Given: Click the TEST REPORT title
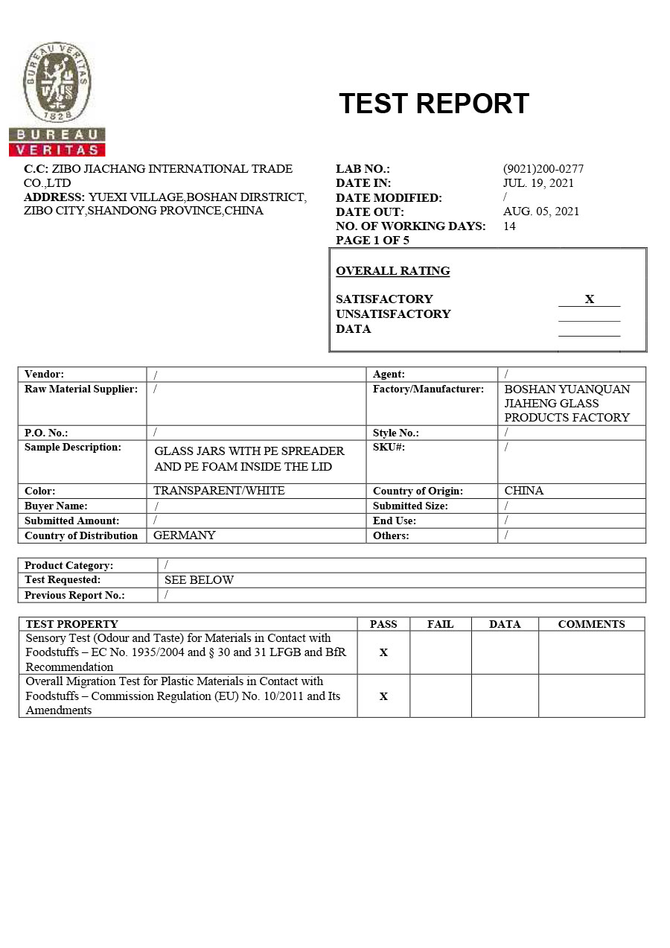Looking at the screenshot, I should [433, 104].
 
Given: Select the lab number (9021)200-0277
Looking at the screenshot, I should [543, 169].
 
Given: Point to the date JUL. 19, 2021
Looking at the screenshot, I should [538, 183].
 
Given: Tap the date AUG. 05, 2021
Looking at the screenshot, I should [541, 211].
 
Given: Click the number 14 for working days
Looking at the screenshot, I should [509, 226].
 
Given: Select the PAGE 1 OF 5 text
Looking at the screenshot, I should [372, 240].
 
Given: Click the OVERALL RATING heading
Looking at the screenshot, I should [392, 271].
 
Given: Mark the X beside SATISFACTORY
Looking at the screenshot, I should [589, 299].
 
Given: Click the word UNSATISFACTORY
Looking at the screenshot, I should [393, 314].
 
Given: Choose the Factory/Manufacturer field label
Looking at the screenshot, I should [428, 389].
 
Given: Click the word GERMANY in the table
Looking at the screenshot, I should [184, 535].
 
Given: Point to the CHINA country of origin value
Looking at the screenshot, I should [523, 491].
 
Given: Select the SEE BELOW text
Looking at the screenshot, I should [199, 580].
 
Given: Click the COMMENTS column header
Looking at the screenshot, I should [591, 624].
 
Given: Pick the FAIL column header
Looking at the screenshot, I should [440, 624].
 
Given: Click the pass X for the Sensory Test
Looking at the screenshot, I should [383, 652].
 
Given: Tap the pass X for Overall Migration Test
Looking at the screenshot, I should [383, 696].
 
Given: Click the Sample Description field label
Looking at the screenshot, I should [73, 448].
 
